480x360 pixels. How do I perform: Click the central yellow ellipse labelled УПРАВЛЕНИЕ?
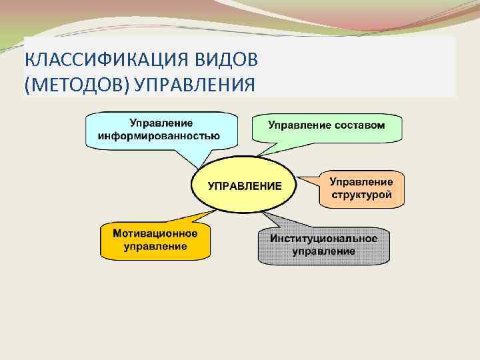[245, 185]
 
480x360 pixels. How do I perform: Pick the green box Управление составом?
[327, 125]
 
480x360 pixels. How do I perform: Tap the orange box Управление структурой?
[361, 189]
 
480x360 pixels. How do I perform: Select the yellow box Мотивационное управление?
[155, 241]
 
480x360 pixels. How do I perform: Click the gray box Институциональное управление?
[323, 245]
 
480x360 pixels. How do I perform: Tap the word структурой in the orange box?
[361, 195]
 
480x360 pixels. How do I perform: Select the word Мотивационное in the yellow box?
[155, 234]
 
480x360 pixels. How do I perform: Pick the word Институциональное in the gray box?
[323, 239]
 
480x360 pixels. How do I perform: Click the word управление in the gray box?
[323, 252]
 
